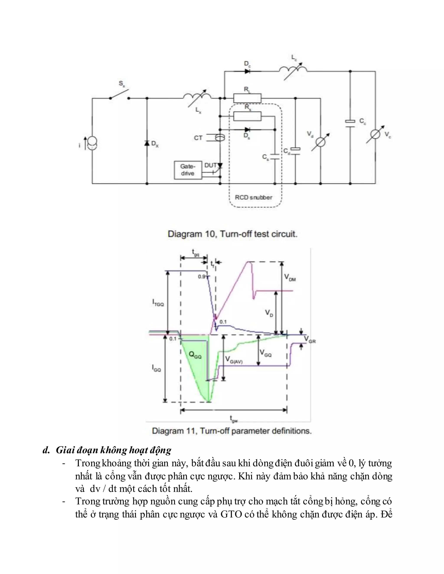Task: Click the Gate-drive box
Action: point(188,170)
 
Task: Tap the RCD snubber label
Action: point(253,197)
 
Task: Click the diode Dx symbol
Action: point(147,143)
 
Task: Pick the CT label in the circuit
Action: point(198,138)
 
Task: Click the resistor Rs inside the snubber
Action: point(247,116)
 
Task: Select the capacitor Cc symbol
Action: point(350,123)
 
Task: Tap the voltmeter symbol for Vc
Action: point(375,134)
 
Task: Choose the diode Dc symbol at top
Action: point(247,71)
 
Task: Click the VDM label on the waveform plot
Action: point(290,277)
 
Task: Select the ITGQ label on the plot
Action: point(158,303)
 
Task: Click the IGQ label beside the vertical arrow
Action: point(157,368)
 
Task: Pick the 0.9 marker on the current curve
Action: point(201,276)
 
